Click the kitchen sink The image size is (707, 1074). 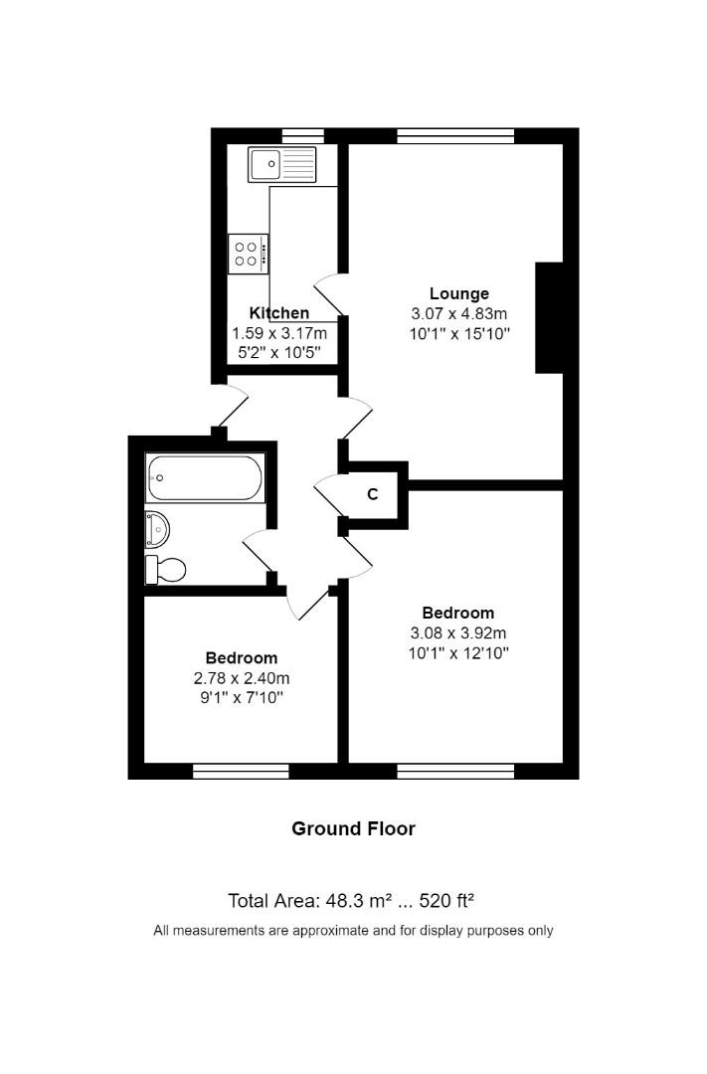(282, 164)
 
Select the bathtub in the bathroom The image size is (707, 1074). (205, 478)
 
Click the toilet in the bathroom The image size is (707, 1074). (166, 570)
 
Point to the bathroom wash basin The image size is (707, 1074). (156, 529)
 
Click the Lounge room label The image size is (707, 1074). (458, 293)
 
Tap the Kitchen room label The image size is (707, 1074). (278, 313)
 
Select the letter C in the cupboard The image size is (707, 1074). (373, 494)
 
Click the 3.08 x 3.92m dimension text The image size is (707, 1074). (458, 632)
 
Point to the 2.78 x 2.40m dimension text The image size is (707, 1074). (241, 678)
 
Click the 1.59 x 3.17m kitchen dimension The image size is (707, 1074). (278, 333)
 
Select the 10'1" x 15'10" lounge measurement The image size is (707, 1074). (458, 333)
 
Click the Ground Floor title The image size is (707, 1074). (353, 828)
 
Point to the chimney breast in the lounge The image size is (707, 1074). (549, 318)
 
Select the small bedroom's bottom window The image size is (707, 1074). (241, 771)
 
